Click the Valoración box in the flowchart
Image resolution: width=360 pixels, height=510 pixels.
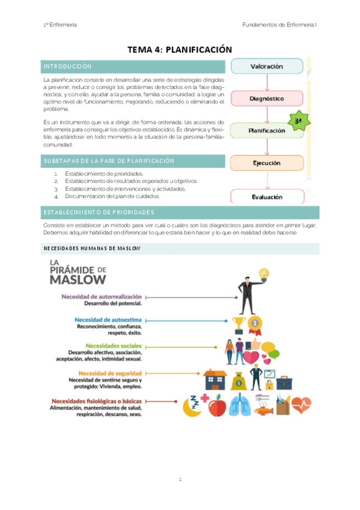[266, 66]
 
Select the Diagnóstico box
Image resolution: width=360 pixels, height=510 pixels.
[266, 98]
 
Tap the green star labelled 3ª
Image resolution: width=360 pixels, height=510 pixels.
[297, 121]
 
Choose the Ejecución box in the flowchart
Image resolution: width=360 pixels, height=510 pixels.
[266, 163]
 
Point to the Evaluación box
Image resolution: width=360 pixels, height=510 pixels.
[266, 196]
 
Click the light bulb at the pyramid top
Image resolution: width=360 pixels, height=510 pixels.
[263, 275]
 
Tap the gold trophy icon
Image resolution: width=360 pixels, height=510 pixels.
[237, 325]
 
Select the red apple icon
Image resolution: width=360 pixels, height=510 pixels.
[216, 407]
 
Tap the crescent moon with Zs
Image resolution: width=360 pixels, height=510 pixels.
[194, 407]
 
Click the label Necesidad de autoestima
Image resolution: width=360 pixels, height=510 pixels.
[108, 319]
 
